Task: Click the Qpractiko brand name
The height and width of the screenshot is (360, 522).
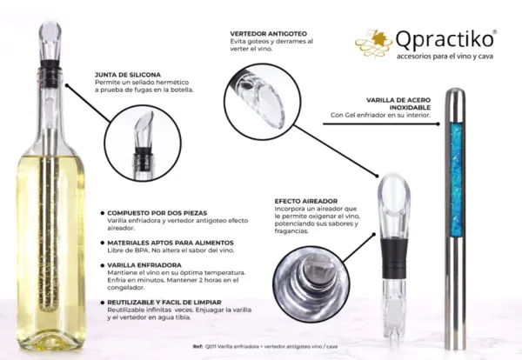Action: tap(445, 40)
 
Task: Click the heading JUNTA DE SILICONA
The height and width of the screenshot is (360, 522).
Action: tap(128, 75)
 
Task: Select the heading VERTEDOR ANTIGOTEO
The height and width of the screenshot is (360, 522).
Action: tap(268, 34)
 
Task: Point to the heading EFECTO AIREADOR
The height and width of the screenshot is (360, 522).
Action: tap(306, 201)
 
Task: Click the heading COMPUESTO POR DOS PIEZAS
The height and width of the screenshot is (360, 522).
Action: tap(157, 213)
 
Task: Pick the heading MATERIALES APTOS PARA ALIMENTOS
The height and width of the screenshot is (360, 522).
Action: tap(171, 243)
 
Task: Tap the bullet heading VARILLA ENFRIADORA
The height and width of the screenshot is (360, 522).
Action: tap(144, 265)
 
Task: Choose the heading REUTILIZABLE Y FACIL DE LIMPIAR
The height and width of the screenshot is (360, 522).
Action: tap(164, 303)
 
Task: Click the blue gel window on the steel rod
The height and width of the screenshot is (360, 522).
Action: tap(456, 179)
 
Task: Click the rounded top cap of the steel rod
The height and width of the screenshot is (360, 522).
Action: tap(456, 94)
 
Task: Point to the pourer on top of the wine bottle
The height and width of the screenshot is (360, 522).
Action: tap(50, 47)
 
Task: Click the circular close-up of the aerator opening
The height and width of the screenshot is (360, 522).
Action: tap(311, 283)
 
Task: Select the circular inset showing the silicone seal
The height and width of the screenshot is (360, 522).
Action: tap(144, 143)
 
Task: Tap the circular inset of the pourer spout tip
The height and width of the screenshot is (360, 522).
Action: tap(263, 101)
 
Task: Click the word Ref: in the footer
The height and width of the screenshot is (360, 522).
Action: tap(197, 346)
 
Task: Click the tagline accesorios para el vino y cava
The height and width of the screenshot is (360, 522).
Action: tap(445, 57)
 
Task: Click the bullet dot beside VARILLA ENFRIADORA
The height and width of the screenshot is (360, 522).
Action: tap(103, 265)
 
